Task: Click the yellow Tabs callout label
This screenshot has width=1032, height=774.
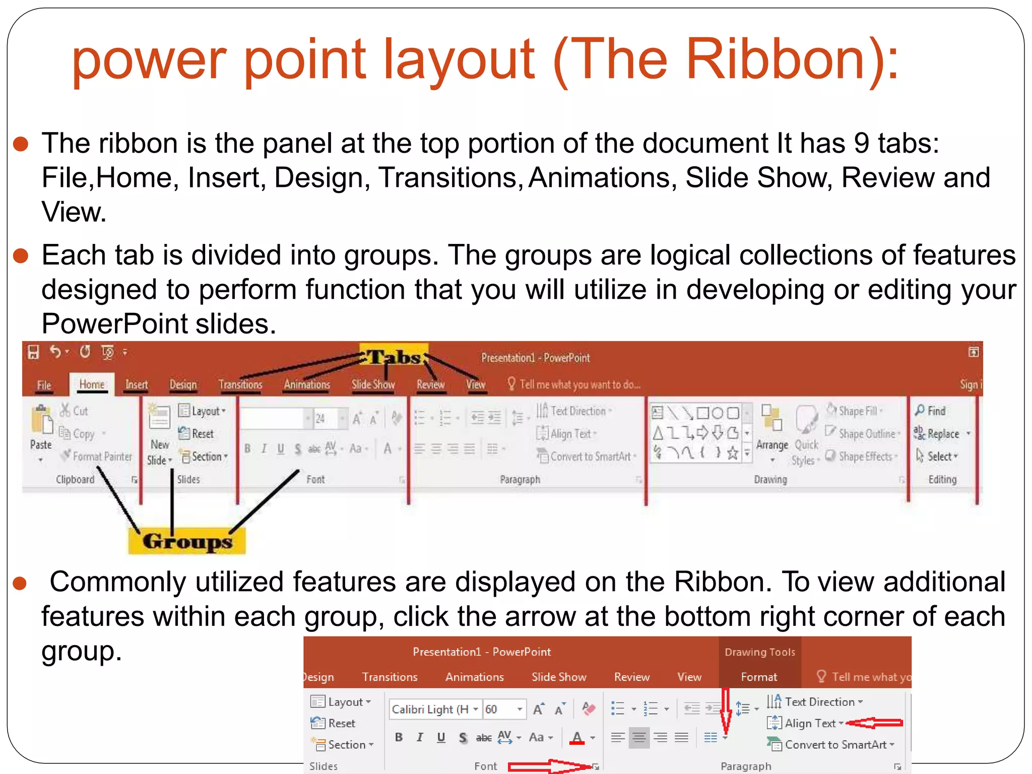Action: click(x=394, y=357)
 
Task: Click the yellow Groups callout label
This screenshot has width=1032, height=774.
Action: click(x=187, y=541)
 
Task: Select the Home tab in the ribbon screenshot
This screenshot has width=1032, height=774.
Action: click(x=92, y=384)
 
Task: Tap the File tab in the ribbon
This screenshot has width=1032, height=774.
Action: click(x=44, y=385)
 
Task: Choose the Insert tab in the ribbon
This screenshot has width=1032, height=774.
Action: click(x=137, y=385)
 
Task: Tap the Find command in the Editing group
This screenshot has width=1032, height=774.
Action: click(x=931, y=411)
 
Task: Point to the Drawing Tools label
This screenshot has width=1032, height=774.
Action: click(x=759, y=652)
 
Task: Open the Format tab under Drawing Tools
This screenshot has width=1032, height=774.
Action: click(x=758, y=677)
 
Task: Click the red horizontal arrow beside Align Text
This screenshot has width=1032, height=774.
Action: click(x=875, y=723)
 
